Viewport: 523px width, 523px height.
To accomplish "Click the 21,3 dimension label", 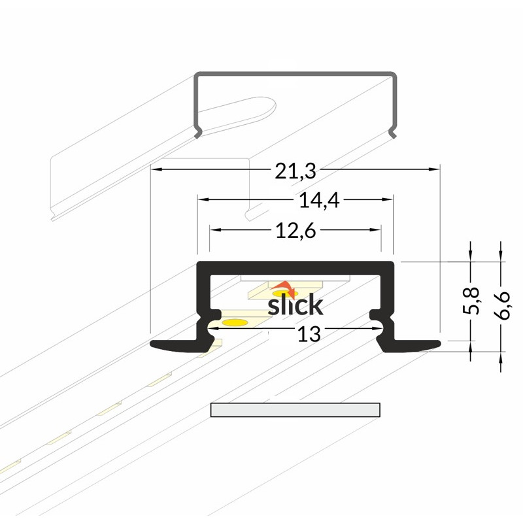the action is (x=295, y=171).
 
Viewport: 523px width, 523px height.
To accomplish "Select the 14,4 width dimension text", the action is (x=319, y=201).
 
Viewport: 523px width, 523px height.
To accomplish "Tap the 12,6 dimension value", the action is (x=295, y=231).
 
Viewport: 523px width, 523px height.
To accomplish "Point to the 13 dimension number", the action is (x=309, y=334).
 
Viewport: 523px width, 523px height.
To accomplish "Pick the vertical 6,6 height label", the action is (x=501, y=305).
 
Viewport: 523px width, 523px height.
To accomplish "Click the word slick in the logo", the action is (x=295, y=305).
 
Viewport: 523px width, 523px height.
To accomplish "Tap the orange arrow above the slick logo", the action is (x=284, y=289).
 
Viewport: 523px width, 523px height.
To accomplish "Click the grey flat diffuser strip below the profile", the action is (x=295, y=410).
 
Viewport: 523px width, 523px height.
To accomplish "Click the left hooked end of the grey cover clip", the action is (x=198, y=132).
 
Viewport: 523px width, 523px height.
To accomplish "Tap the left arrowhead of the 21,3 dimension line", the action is (x=157, y=169).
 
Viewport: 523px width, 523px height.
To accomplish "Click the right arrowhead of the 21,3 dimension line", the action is (x=433, y=169).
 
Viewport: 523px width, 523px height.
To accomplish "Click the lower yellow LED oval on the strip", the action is (x=235, y=322).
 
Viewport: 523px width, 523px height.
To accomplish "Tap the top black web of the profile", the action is (x=295, y=269).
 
